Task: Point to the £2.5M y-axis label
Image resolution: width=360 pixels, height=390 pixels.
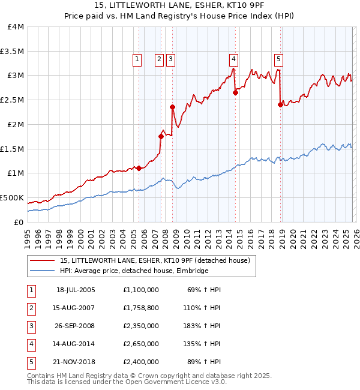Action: point(12,100)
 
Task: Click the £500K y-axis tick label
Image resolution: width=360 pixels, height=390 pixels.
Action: point(12,197)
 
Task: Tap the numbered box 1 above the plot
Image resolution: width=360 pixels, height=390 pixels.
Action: point(138,59)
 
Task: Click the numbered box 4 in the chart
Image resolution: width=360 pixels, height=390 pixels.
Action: point(233,59)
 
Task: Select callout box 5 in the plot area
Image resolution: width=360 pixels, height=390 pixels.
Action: point(279,59)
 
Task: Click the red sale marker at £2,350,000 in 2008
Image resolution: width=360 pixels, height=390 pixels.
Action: point(172,107)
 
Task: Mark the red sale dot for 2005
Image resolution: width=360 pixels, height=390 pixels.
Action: point(139,168)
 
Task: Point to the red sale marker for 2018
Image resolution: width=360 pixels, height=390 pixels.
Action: point(280,104)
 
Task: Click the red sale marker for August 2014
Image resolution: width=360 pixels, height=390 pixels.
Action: point(235,92)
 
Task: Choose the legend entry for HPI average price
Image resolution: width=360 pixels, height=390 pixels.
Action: point(133,271)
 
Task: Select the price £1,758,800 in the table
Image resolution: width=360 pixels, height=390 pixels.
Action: point(140,308)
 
